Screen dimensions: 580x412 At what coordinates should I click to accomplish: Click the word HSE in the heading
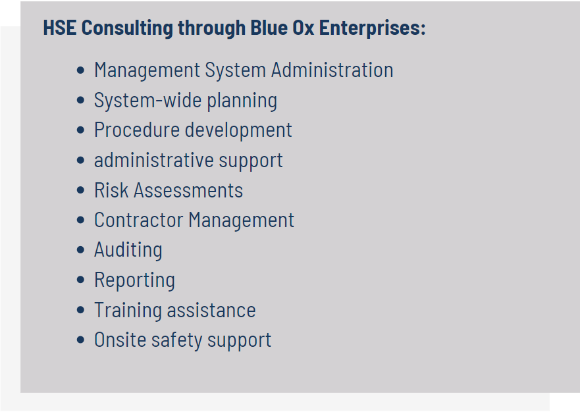click(x=60, y=28)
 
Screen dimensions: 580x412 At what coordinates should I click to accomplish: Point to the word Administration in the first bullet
click(x=332, y=70)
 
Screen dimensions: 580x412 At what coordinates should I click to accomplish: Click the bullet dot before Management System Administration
click(x=80, y=70)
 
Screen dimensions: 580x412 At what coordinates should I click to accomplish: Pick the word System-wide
click(x=148, y=101)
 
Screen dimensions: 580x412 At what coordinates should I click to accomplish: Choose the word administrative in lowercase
click(x=154, y=160)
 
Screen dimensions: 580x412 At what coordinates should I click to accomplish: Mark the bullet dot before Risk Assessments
click(x=80, y=190)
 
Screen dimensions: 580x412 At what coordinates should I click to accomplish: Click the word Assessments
click(x=188, y=190)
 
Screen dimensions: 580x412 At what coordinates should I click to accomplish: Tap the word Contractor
click(x=139, y=220)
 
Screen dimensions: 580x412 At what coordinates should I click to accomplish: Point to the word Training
click(x=128, y=311)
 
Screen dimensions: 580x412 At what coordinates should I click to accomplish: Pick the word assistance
click(x=211, y=310)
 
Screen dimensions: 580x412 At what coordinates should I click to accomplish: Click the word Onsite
click(x=120, y=340)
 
